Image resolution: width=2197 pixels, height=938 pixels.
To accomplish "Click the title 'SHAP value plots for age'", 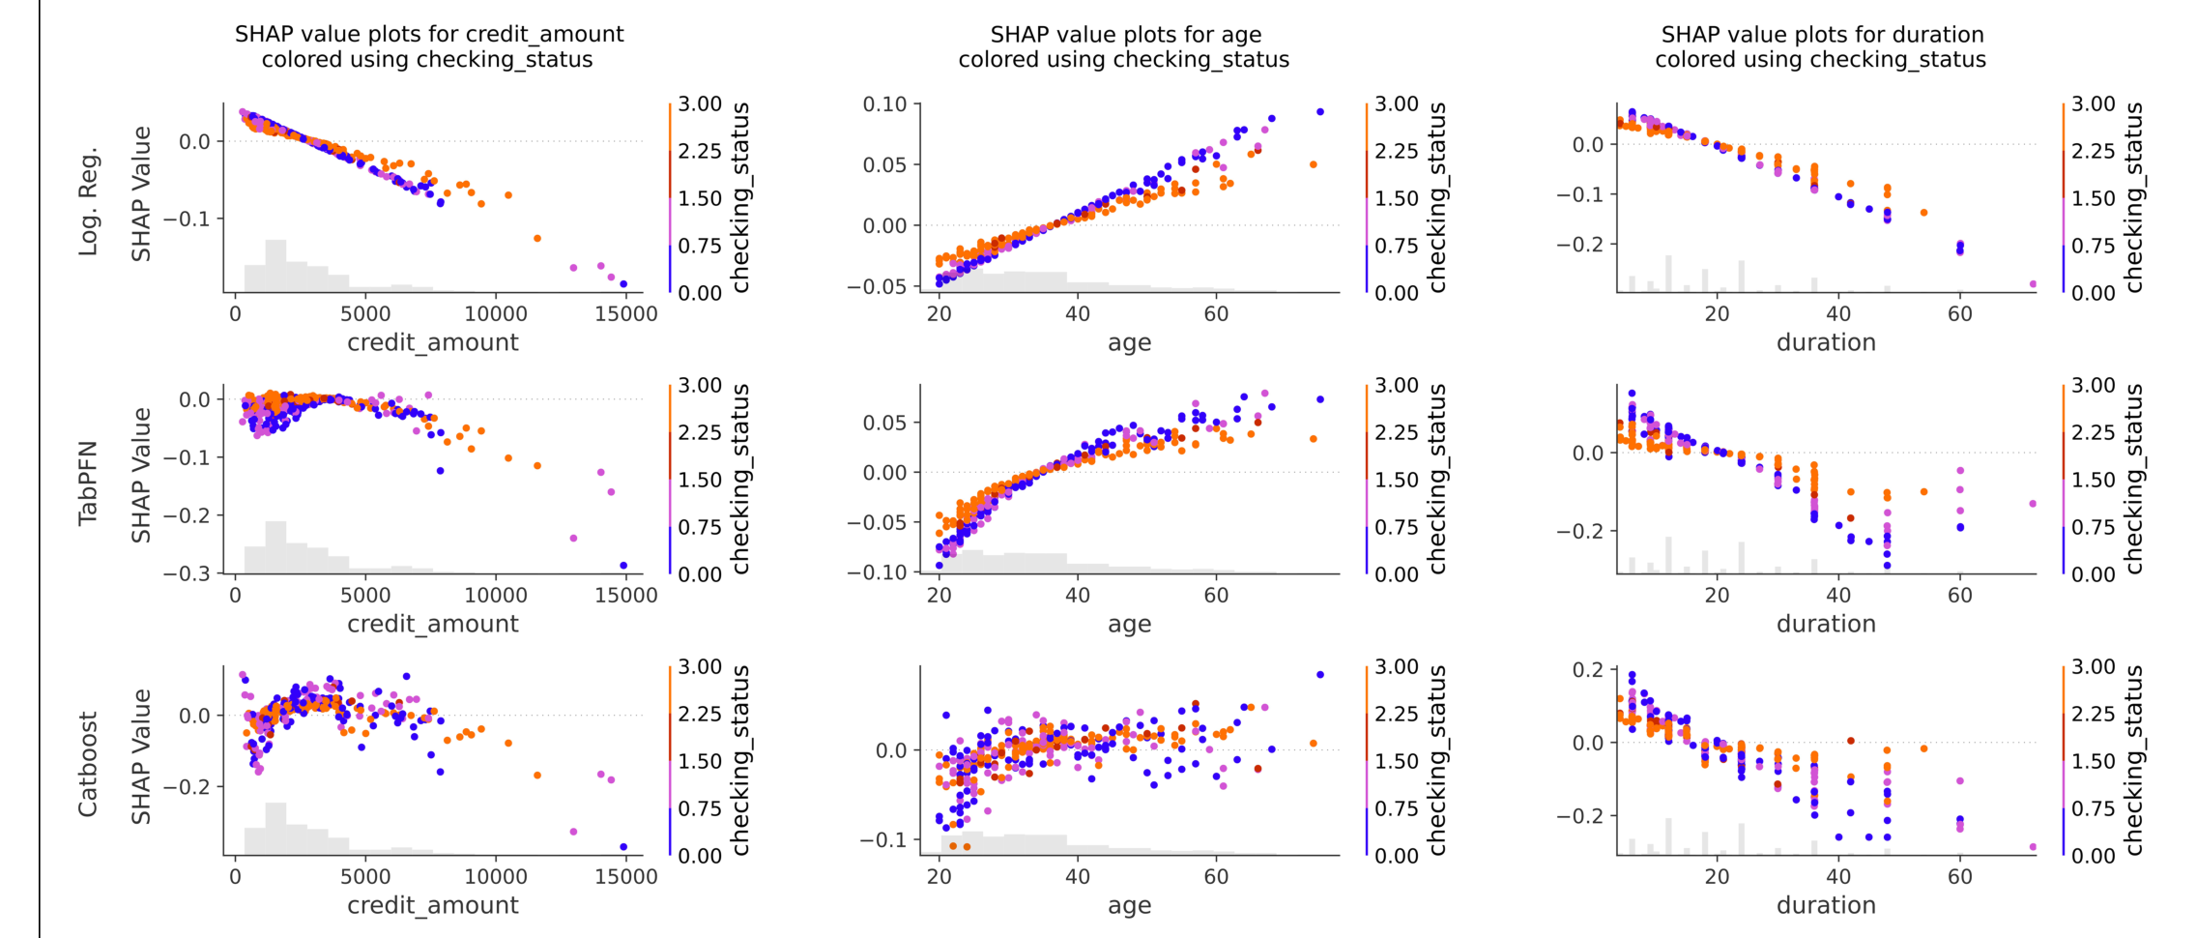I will [x=1125, y=35].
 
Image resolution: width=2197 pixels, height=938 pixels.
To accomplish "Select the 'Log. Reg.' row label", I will [x=89, y=202].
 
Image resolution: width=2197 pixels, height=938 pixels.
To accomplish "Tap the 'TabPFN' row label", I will [x=89, y=483].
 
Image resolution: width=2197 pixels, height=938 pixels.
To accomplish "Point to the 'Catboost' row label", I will [x=89, y=764].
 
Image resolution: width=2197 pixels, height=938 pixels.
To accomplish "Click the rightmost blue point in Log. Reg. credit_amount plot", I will [x=623, y=284].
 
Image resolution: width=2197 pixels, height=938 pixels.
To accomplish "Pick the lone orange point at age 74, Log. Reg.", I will [x=1313, y=164].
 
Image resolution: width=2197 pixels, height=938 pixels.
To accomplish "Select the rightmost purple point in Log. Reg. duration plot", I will [x=2033, y=284].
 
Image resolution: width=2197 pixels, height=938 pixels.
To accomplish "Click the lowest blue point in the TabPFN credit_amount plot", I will [x=623, y=566].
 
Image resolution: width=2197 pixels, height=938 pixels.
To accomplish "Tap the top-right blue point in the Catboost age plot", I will [x=1320, y=675].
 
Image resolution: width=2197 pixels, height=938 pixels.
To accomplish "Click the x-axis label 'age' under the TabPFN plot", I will [x=1129, y=624].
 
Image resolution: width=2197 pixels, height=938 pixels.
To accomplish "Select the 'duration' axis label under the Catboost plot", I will [x=1826, y=905].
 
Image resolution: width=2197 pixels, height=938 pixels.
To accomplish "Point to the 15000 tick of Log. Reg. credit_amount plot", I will [x=625, y=314].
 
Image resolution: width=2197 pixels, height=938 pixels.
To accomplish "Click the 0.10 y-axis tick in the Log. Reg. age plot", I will [x=884, y=104].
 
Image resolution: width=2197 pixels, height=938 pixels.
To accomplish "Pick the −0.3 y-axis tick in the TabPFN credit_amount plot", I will [x=187, y=573].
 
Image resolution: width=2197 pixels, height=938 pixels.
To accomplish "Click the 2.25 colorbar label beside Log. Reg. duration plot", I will [x=2093, y=151].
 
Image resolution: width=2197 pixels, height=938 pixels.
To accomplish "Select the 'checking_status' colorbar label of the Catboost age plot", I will [x=1437, y=760].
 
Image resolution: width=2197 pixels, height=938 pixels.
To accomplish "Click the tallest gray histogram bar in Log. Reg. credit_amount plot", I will [x=275, y=265].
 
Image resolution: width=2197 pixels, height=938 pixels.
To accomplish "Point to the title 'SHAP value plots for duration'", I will [x=1822, y=35].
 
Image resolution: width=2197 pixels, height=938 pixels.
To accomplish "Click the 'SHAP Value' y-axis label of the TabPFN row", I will [x=142, y=475].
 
